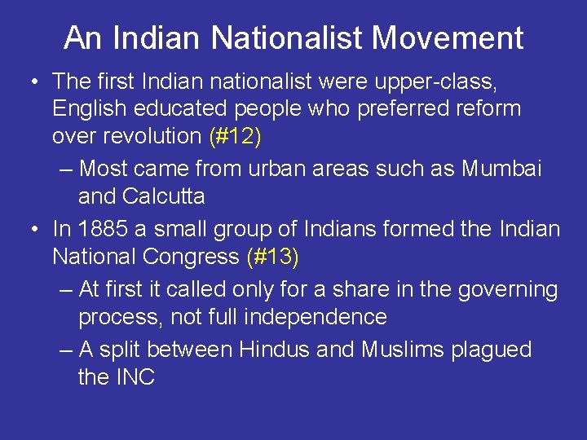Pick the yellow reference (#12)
pyautogui.click(x=236, y=136)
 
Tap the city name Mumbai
pyautogui.click(x=502, y=169)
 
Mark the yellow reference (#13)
pyautogui.click(x=273, y=257)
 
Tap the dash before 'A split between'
pyautogui.click(x=67, y=350)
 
